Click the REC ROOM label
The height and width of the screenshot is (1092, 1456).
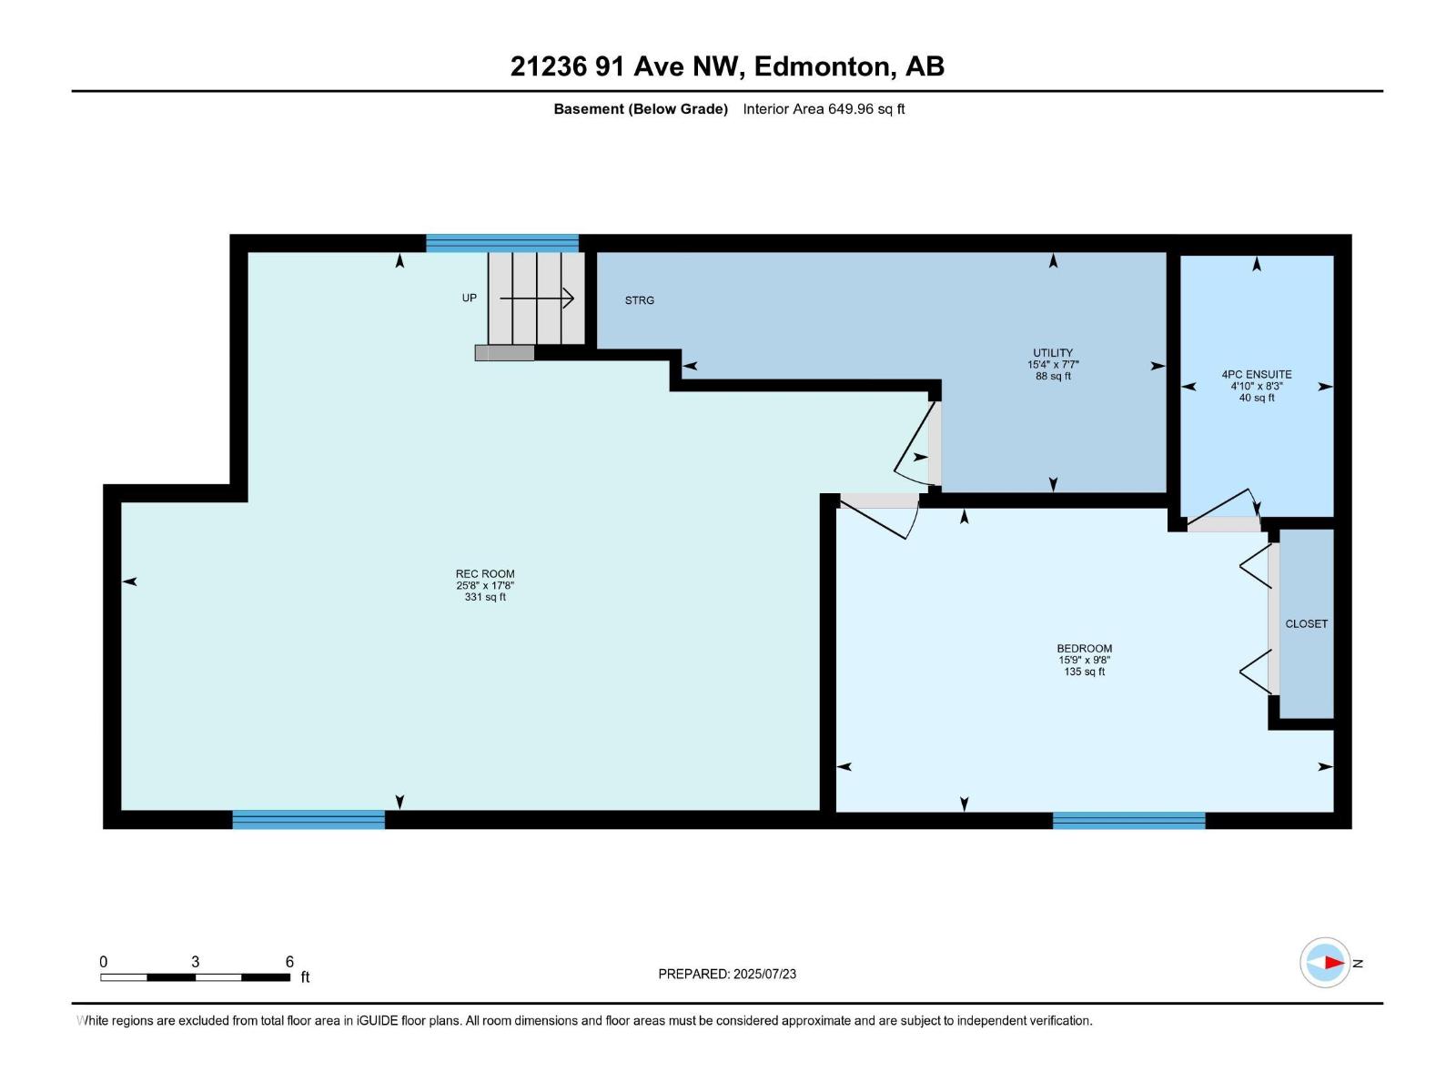(x=485, y=574)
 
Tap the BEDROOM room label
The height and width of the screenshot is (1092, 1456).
(x=1085, y=649)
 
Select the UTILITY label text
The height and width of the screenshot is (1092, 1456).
(x=1053, y=353)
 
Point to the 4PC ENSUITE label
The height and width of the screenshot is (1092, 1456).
(x=1257, y=375)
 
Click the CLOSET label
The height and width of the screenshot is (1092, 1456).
(x=1307, y=624)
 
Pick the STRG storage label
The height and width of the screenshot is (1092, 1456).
(x=640, y=300)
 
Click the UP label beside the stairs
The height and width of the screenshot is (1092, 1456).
(x=469, y=298)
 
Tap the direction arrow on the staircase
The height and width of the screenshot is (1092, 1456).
(x=537, y=298)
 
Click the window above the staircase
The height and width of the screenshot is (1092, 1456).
(x=502, y=243)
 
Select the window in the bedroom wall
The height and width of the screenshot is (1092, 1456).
(x=1129, y=820)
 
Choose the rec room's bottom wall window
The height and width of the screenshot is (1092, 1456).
(x=308, y=820)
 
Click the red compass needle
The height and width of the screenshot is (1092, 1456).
(x=1335, y=963)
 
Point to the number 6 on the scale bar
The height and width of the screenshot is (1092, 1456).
(x=289, y=962)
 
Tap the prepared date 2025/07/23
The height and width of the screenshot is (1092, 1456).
(x=764, y=974)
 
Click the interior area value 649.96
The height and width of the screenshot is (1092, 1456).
(x=851, y=109)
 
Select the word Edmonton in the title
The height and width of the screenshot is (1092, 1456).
(x=822, y=66)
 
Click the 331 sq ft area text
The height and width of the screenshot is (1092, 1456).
(x=485, y=597)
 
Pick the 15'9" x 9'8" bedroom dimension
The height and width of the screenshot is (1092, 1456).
(x=1085, y=661)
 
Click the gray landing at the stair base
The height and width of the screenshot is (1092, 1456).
(x=505, y=353)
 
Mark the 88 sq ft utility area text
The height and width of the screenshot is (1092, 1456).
(x=1054, y=376)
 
